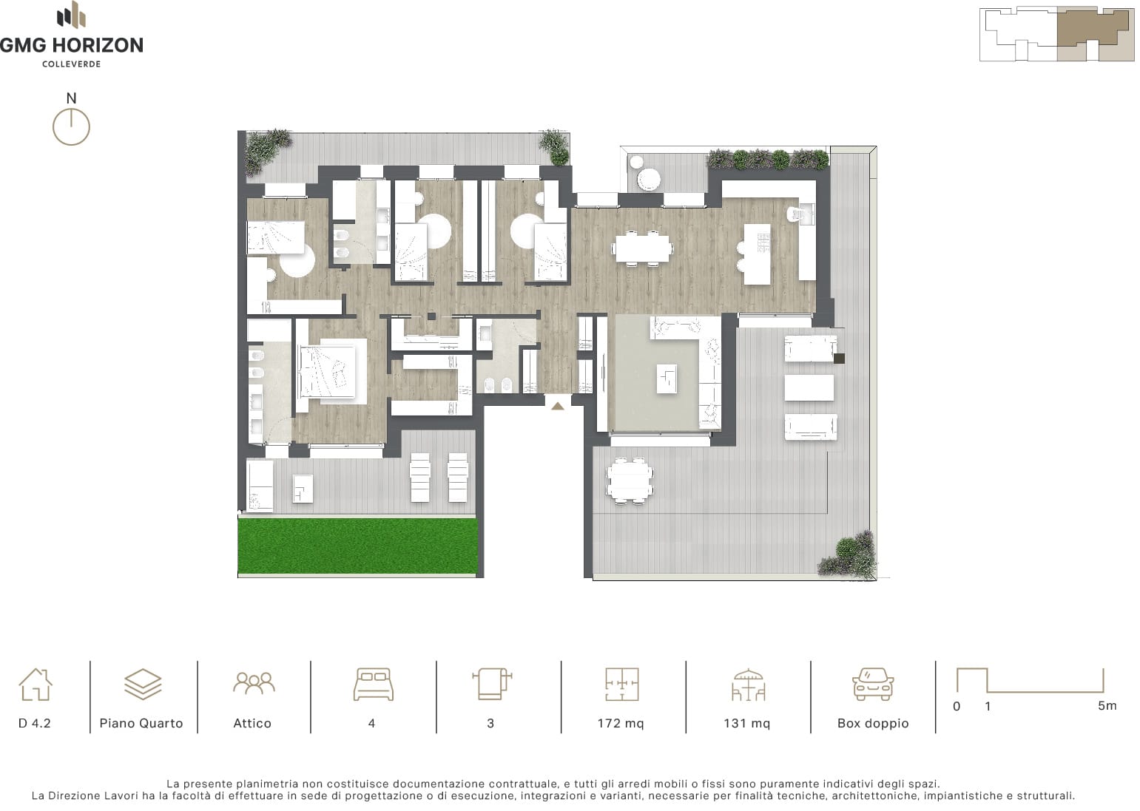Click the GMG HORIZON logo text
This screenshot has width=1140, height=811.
71,45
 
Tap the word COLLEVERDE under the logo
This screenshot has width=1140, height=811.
71,64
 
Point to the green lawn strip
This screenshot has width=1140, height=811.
358,546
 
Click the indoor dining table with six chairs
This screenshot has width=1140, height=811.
642,248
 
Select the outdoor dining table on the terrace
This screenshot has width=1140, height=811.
630,481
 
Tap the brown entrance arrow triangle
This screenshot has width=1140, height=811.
558,406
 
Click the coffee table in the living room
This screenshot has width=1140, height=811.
667,379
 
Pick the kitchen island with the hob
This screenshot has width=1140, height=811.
757,254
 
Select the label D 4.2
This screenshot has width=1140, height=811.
35,723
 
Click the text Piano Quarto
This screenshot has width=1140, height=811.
141,723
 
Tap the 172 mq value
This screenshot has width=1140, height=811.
621,723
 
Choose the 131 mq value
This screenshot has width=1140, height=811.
746,723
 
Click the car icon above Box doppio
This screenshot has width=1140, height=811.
873,684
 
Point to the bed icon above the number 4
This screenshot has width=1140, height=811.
373,684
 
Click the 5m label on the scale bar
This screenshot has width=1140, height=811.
1107,706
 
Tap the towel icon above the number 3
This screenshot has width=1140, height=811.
492,684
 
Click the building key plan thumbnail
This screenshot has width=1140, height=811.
1056,34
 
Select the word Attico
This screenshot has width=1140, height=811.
252,723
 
